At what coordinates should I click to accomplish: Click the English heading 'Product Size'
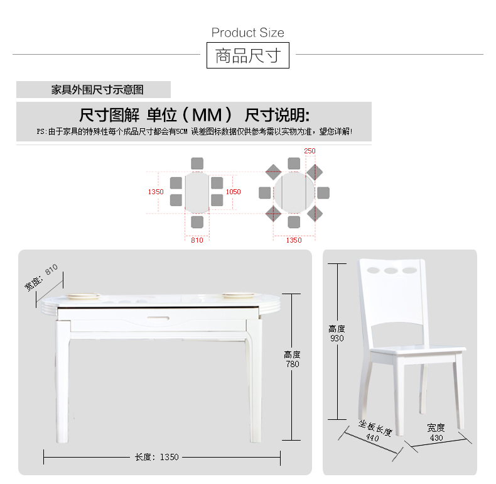pyautogui.click(x=247, y=33)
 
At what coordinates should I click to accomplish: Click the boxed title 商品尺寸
pyautogui.click(x=248, y=55)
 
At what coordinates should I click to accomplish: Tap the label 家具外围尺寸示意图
pyautogui.click(x=97, y=90)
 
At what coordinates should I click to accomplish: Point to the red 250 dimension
pyautogui.click(x=310, y=151)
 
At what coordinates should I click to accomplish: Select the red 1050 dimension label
pyautogui.click(x=233, y=192)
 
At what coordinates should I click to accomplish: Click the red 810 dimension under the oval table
pyautogui.click(x=197, y=240)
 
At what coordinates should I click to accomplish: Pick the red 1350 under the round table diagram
pyautogui.click(x=294, y=240)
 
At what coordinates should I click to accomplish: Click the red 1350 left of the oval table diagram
pyautogui.click(x=156, y=192)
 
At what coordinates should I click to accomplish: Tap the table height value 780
pyautogui.click(x=293, y=365)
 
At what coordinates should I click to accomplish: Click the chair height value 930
pyautogui.click(x=337, y=338)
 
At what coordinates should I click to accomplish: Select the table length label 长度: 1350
pyautogui.click(x=157, y=457)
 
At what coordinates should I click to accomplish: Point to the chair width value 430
pyautogui.click(x=436, y=437)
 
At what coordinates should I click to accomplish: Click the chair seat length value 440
pyautogui.click(x=372, y=437)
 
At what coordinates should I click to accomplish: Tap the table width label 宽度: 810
pyautogui.click(x=41, y=277)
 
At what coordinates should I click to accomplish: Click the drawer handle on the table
pyautogui.click(x=158, y=317)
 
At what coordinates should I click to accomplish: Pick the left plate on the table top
pyautogui.click(x=83, y=296)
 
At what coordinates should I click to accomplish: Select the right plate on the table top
pyautogui.click(x=238, y=295)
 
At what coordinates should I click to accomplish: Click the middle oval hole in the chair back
pyautogui.click(x=391, y=270)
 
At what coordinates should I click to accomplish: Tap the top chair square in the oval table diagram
pyautogui.click(x=197, y=164)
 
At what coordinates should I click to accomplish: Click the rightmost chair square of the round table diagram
pyautogui.click(x=323, y=193)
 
